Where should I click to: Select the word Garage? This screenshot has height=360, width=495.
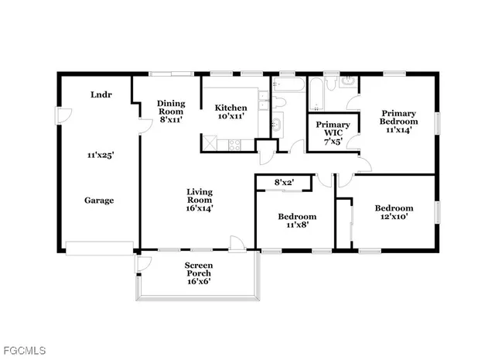pyautogui.click(x=99, y=201)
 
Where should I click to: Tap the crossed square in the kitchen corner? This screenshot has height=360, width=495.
pyautogui.click(x=210, y=142)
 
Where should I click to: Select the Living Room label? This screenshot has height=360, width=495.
pyautogui.click(x=200, y=200)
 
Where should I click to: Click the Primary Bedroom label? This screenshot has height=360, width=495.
pyautogui.click(x=398, y=122)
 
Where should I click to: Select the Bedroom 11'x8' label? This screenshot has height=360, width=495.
pyautogui.click(x=296, y=221)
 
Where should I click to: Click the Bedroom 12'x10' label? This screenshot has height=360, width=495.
pyautogui.click(x=394, y=213)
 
